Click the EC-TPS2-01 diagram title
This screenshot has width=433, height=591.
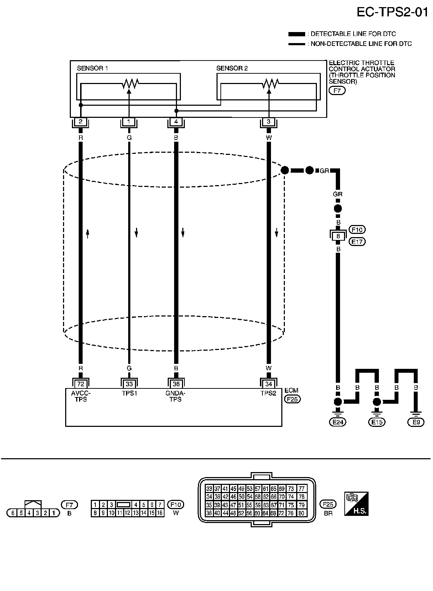[392, 12]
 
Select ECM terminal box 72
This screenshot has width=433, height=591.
[80, 384]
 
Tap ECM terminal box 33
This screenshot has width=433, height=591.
[129, 384]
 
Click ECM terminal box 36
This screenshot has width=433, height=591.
[176, 384]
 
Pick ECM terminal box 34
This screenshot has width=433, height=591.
[268, 384]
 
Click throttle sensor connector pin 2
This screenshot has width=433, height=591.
[80, 122]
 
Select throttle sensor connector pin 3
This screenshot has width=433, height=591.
[268, 122]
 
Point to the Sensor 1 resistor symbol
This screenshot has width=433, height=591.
[130, 84]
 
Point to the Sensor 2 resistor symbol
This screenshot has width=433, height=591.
[270, 84]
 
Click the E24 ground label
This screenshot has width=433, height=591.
[338, 422]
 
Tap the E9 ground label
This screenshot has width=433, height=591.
[416, 422]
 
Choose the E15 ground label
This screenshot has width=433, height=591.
[376, 422]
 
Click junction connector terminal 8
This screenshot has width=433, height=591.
[338, 236]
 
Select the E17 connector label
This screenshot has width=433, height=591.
[357, 242]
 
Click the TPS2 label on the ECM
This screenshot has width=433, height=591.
[268, 394]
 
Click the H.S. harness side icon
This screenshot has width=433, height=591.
[356, 504]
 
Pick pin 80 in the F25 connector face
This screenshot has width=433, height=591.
[301, 513]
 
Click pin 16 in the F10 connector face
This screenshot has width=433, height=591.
[160, 513]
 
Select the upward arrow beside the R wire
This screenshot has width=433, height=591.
[88, 234]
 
